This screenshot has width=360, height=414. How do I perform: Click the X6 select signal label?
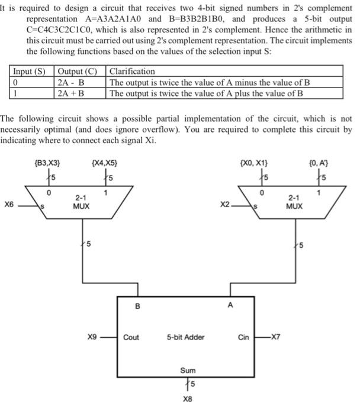[x=9, y=205]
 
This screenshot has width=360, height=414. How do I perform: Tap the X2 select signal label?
[x=224, y=205]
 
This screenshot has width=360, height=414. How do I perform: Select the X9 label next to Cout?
[x=92, y=337]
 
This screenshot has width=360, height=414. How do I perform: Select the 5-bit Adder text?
[x=186, y=337]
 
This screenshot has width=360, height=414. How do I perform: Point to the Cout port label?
[x=131, y=337]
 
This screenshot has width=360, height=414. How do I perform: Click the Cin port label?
[x=243, y=337]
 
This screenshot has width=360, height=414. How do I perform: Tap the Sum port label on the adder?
[x=188, y=370]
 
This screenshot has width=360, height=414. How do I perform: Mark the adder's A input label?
[x=230, y=306]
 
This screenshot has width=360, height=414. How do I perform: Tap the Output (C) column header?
[x=78, y=72]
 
